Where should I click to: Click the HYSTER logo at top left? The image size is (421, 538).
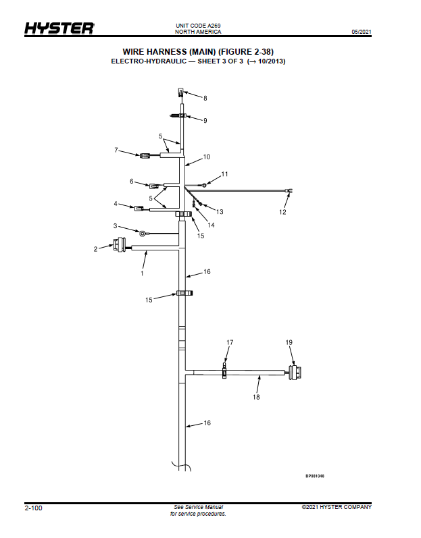click(x=59, y=28)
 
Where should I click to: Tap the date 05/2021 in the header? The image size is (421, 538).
click(x=362, y=32)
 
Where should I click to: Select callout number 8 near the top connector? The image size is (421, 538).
click(x=205, y=98)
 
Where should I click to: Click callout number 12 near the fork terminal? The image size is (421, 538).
click(x=282, y=212)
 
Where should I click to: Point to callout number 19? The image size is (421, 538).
click(x=289, y=342)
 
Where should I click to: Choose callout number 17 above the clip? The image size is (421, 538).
click(x=230, y=342)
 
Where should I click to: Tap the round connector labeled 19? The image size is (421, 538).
click(x=295, y=373)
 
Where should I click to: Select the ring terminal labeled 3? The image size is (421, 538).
click(x=142, y=233)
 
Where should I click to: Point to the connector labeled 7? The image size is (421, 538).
click(x=144, y=155)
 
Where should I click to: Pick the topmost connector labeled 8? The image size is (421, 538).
click(x=181, y=92)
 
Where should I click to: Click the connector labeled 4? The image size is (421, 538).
click(x=139, y=208)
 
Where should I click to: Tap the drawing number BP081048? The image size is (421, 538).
click(x=315, y=477)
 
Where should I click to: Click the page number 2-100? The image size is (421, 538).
click(x=33, y=508)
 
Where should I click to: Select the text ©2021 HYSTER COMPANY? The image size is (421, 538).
click(x=337, y=507)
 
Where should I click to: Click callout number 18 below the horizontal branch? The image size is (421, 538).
click(x=256, y=397)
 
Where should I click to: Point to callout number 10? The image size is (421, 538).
click(x=207, y=157)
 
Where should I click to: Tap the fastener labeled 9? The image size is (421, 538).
click(x=178, y=116)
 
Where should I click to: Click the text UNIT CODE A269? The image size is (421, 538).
click(x=198, y=26)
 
